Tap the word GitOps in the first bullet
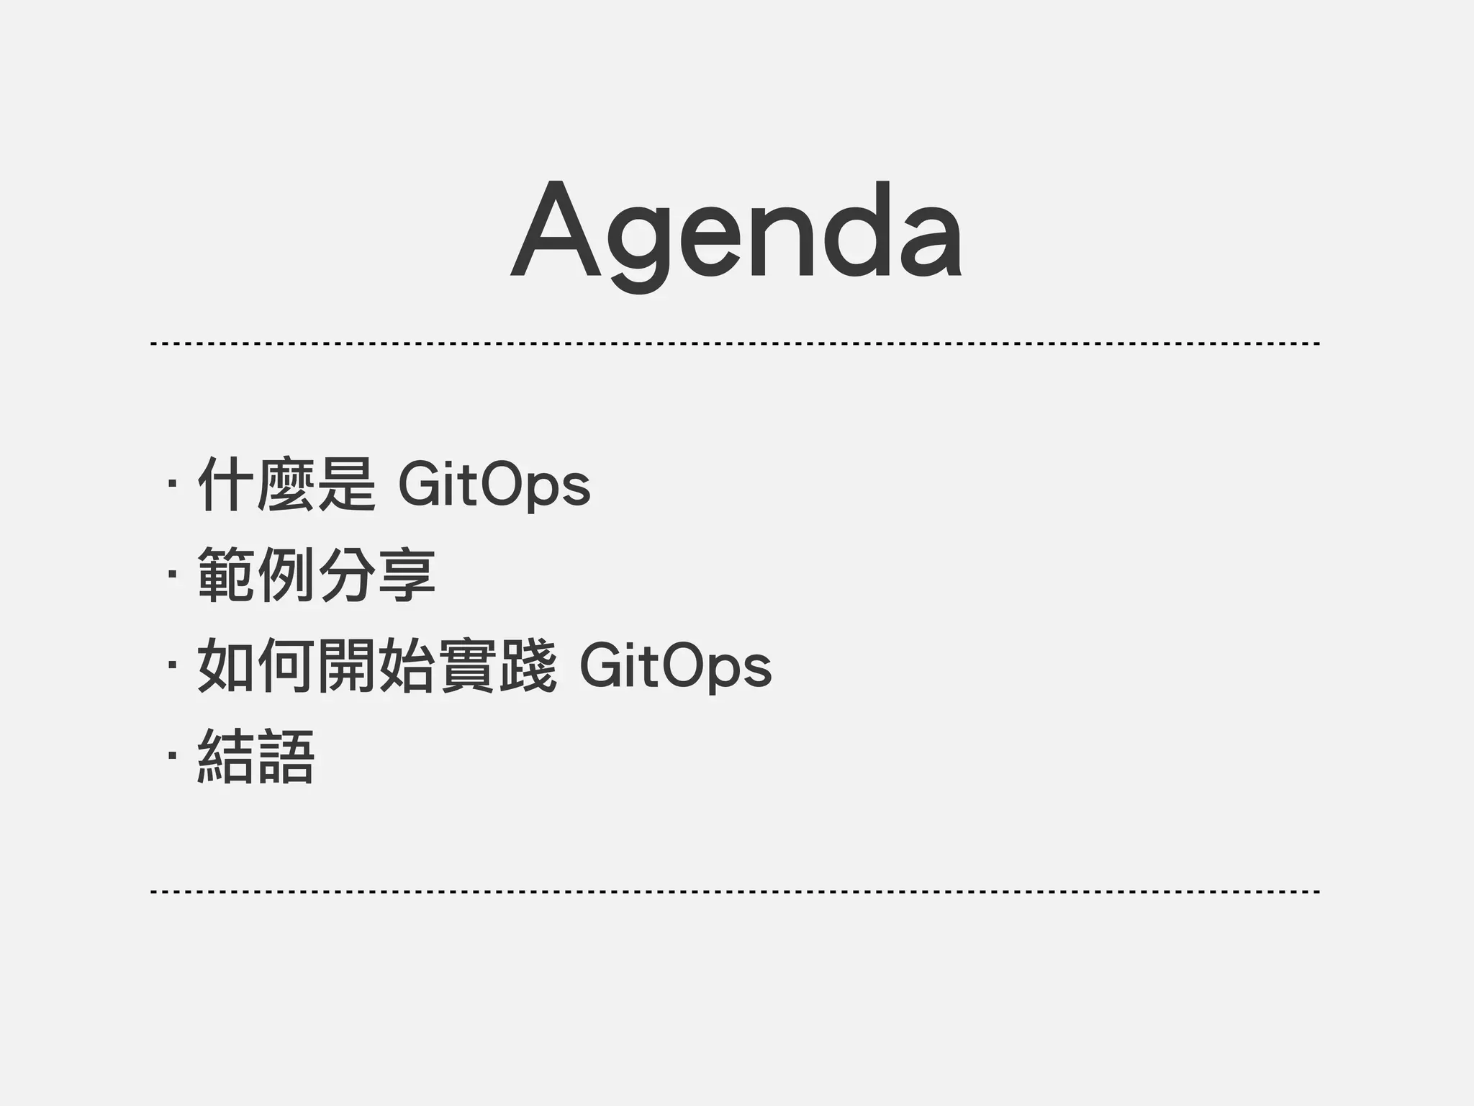click(494, 486)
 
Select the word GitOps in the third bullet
click(675, 667)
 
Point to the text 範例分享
click(316, 575)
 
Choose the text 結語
click(256, 757)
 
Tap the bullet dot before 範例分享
click(171, 575)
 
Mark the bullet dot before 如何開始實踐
click(171, 666)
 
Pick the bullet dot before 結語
click(171, 757)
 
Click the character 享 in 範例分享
click(407, 575)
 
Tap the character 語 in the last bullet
click(286, 757)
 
